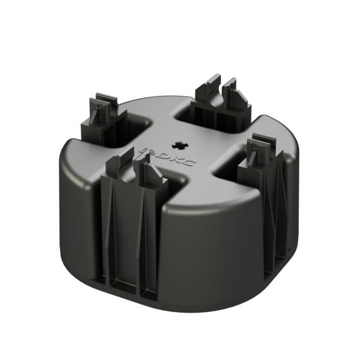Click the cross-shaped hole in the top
pos(180,145)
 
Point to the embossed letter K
pos(173,160)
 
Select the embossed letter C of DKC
pos(189,164)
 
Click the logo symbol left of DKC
pos(145,153)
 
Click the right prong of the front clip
pos(152,170)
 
